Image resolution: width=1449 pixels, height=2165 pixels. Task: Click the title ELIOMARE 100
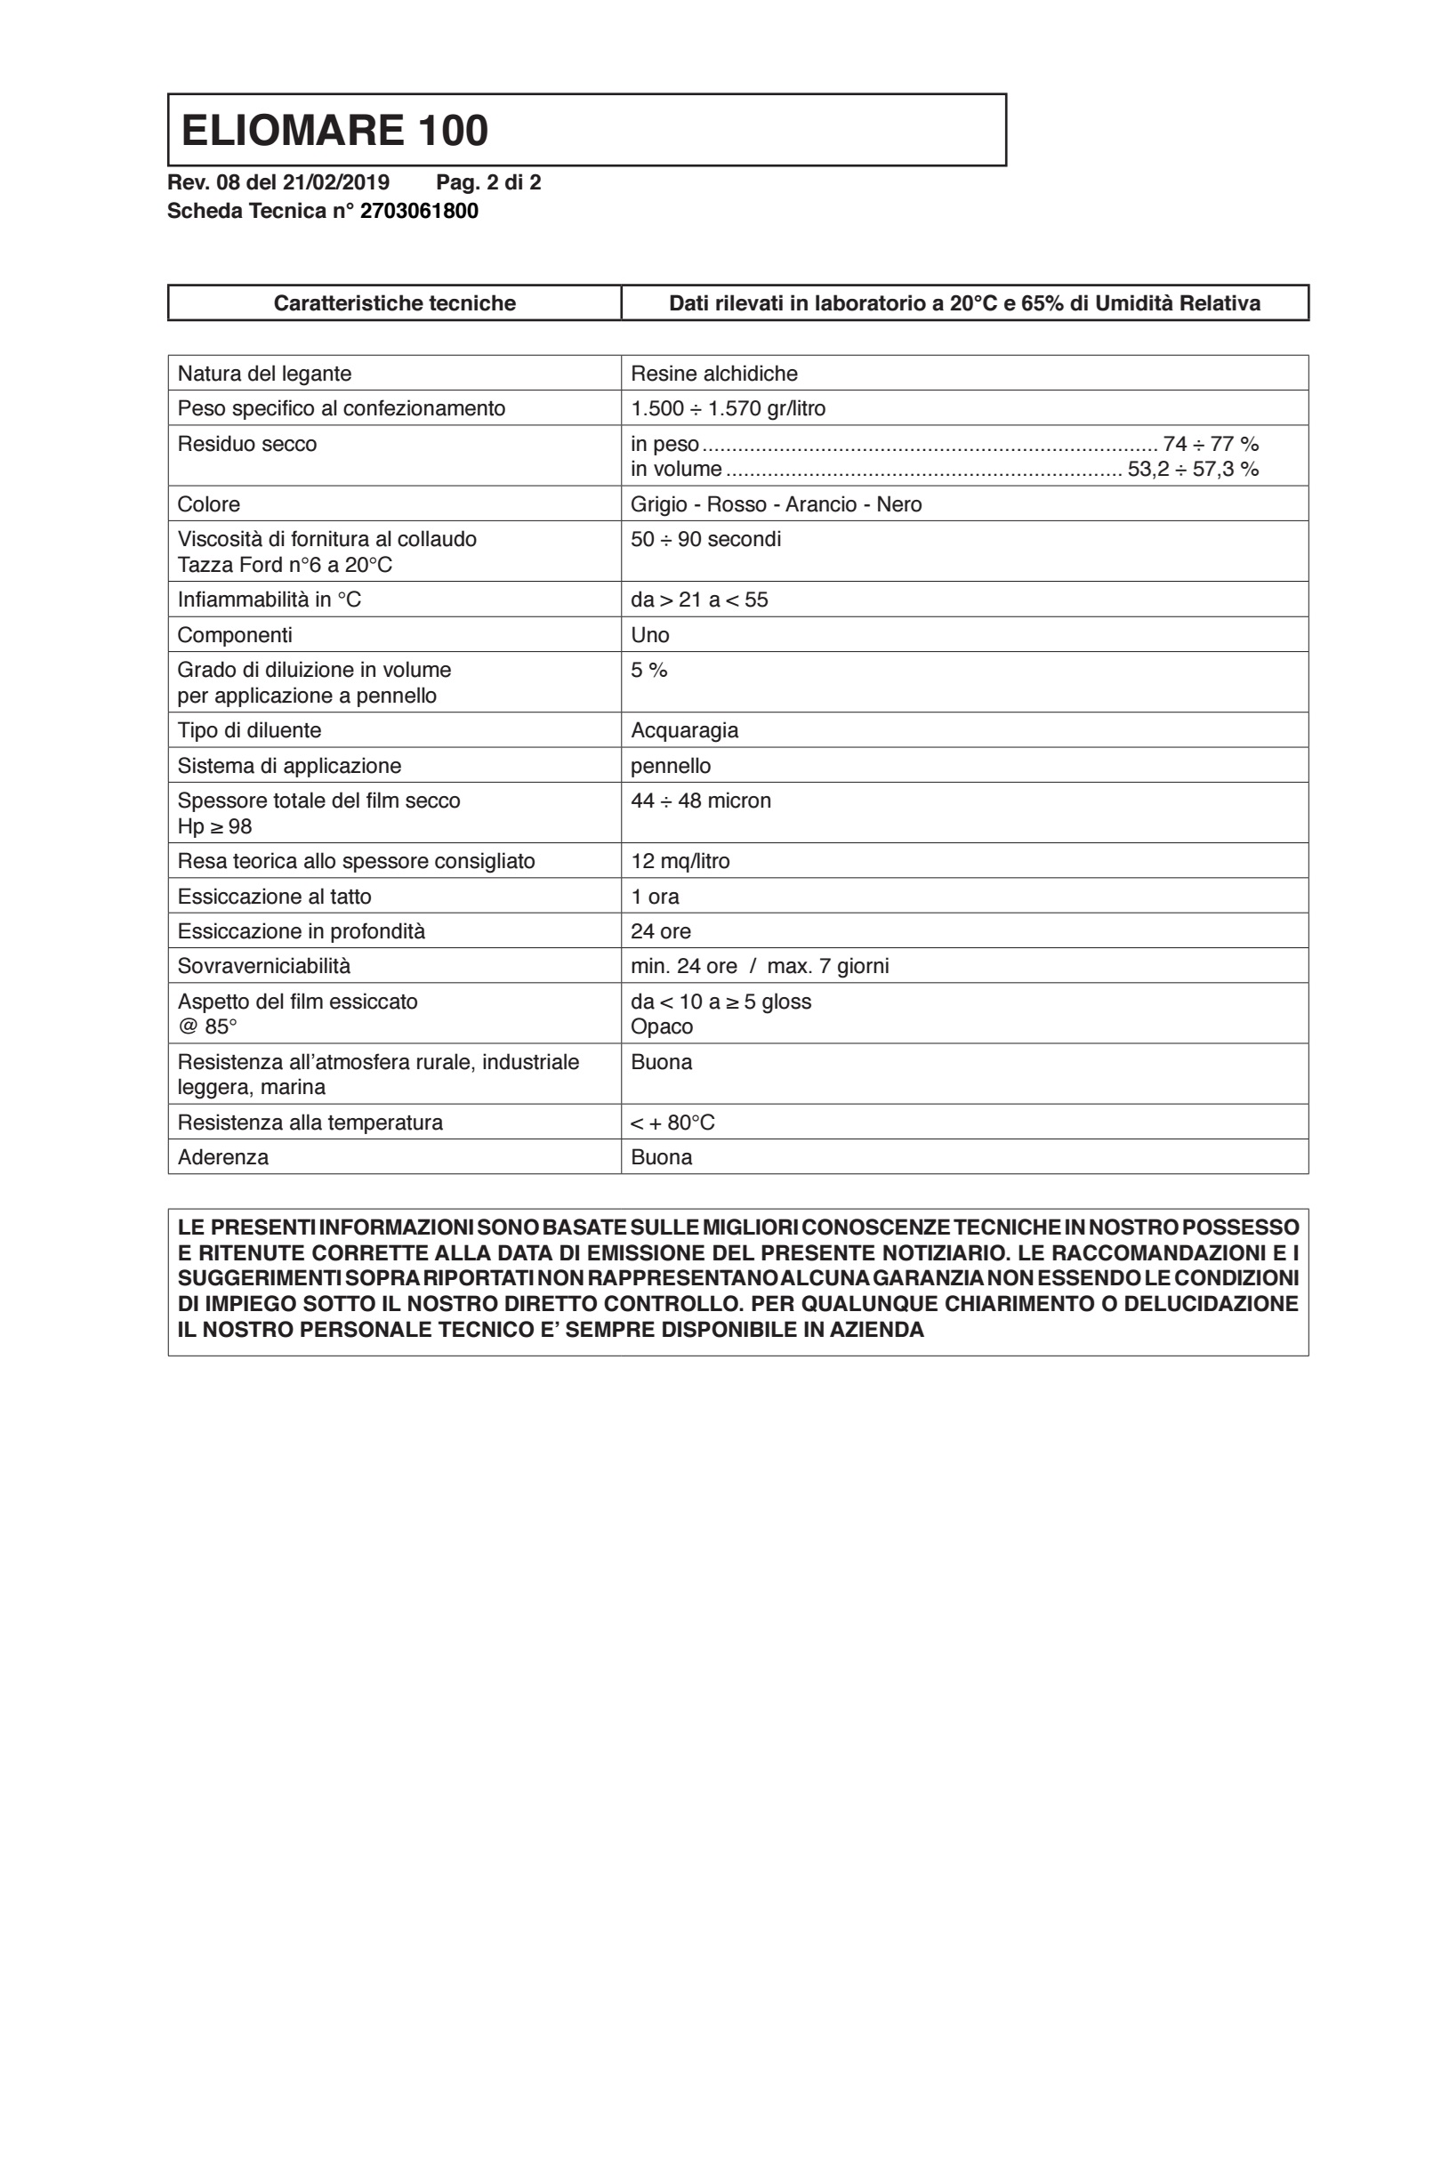(334, 130)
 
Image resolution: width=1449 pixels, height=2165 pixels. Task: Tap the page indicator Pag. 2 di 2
(488, 183)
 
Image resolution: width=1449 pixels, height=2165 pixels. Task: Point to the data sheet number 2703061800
(419, 212)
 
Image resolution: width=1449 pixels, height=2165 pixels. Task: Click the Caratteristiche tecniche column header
(395, 303)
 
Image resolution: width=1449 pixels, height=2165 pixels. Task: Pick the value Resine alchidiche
(713, 374)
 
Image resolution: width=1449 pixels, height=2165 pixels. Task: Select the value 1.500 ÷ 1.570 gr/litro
(728, 408)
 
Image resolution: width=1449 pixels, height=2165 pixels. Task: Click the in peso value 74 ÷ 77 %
(1211, 445)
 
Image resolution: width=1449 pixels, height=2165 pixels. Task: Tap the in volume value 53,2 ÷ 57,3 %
(1192, 470)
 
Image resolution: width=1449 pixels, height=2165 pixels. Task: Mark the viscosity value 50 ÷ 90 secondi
(705, 540)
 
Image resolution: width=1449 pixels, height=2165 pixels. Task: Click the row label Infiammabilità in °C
(269, 600)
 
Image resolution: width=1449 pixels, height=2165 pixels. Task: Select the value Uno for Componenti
(649, 635)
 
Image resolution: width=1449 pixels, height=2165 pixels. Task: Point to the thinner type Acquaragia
(684, 731)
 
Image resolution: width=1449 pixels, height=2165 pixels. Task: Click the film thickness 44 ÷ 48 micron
(700, 801)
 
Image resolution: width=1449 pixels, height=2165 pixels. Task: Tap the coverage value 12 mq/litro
(680, 861)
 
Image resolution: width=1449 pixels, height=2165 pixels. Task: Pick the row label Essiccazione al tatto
(274, 897)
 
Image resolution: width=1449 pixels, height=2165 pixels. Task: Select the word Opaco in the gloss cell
(662, 1027)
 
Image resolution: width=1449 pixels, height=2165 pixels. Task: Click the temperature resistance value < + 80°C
(672, 1123)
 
